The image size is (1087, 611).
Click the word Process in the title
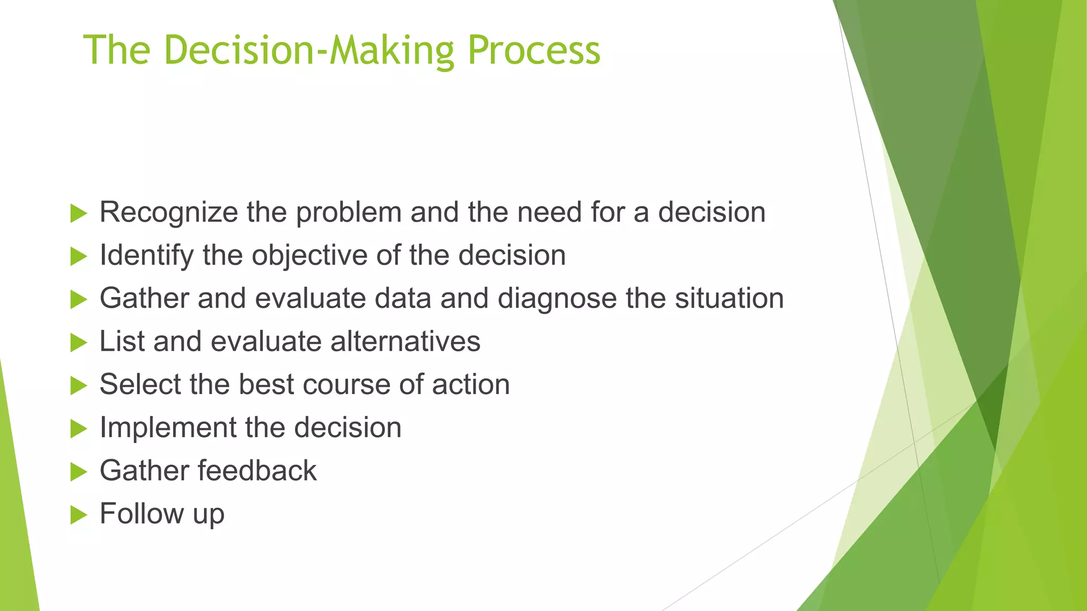pyautogui.click(x=533, y=50)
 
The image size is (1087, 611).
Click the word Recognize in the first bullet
pyautogui.click(x=169, y=213)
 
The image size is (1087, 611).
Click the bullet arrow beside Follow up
pyautogui.click(x=78, y=514)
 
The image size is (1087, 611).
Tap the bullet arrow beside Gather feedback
pyautogui.click(x=78, y=472)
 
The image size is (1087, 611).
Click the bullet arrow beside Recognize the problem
pyautogui.click(x=78, y=214)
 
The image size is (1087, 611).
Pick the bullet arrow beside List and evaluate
pyautogui.click(x=78, y=343)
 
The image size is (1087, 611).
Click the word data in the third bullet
pyautogui.click(x=402, y=299)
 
